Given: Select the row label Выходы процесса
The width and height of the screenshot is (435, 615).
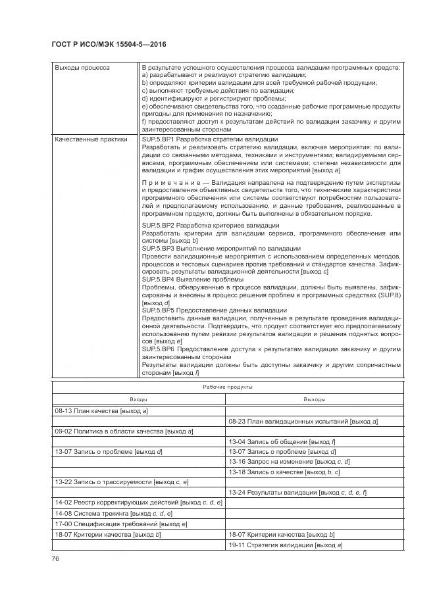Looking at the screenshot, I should pos(82,68).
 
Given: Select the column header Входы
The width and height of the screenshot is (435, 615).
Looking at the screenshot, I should pos(138,399).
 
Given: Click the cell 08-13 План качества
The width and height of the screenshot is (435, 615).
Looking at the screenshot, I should pos(101,410).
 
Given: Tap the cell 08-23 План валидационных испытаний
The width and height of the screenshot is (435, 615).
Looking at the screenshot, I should pos(302,421).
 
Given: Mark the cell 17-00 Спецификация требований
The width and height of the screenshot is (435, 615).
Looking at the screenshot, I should pos(121,524).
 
